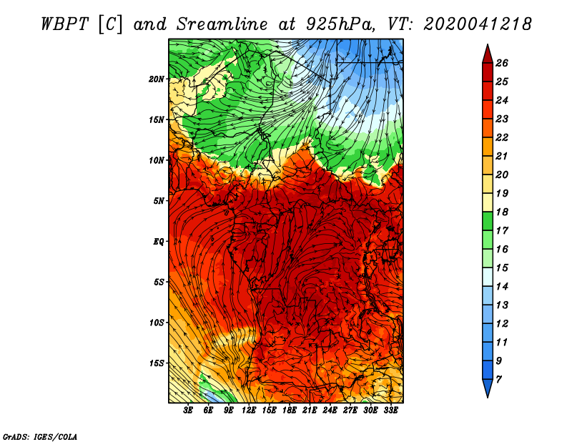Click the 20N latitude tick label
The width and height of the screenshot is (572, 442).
(x=156, y=79)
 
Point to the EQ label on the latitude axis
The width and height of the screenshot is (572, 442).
(x=158, y=242)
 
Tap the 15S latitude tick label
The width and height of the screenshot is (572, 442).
(x=157, y=363)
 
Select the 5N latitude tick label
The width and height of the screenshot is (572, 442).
(x=159, y=201)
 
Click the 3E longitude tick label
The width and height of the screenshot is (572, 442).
(x=188, y=411)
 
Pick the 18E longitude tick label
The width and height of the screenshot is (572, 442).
(x=290, y=411)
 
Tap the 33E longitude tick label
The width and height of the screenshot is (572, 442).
(x=390, y=411)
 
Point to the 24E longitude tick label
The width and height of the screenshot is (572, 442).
(x=330, y=411)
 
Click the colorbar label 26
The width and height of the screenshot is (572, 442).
(x=502, y=63)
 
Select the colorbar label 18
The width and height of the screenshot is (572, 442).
(x=502, y=212)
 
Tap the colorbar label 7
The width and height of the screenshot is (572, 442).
(x=498, y=380)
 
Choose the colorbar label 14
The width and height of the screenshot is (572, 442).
(x=502, y=287)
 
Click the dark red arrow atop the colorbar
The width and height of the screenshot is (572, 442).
(x=488, y=54)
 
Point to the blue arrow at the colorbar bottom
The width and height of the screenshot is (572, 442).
(x=488, y=388)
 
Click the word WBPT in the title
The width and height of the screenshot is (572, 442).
(x=64, y=24)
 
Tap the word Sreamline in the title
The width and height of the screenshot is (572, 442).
(x=222, y=24)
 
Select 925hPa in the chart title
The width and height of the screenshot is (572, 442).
(x=340, y=24)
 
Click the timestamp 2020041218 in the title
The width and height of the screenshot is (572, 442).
(x=478, y=24)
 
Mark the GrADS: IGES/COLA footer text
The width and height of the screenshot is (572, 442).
(x=40, y=437)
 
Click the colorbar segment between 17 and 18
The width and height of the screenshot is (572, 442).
(x=488, y=221)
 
